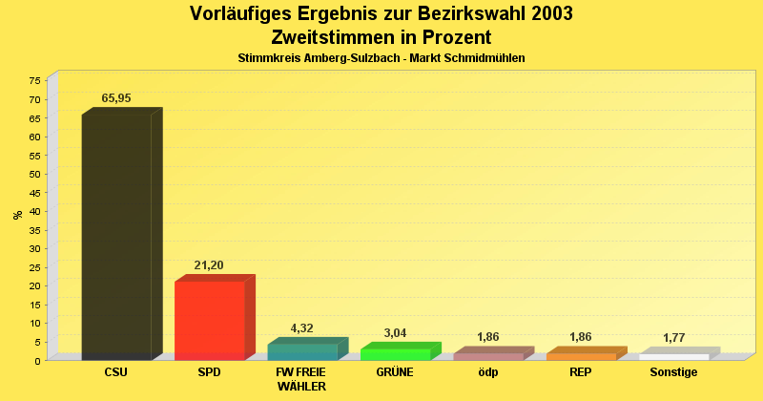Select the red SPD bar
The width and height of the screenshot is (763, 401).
click(210, 320)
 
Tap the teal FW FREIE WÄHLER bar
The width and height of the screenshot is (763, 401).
click(302, 351)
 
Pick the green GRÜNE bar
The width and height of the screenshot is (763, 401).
click(396, 354)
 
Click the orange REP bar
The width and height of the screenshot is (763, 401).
click(581, 356)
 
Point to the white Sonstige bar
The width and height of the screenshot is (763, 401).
click(674, 357)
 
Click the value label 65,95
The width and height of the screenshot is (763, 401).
click(116, 98)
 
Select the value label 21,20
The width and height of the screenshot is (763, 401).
click(209, 265)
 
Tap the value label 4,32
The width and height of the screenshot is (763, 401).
click(301, 328)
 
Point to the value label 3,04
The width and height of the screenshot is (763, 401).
click(395, 333)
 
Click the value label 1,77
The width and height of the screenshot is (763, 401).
click(674, 338)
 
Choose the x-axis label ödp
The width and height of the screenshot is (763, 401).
click(487, 372)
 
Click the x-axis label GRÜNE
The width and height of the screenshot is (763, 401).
click(395, 372)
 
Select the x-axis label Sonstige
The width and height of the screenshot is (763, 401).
click(673, 372)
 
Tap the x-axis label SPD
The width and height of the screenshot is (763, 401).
click(209, 372)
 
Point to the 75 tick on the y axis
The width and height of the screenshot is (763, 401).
click(35, 81)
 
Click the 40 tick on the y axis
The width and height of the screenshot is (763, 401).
click(35, 211)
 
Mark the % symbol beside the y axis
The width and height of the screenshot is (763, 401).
click(17, 215)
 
